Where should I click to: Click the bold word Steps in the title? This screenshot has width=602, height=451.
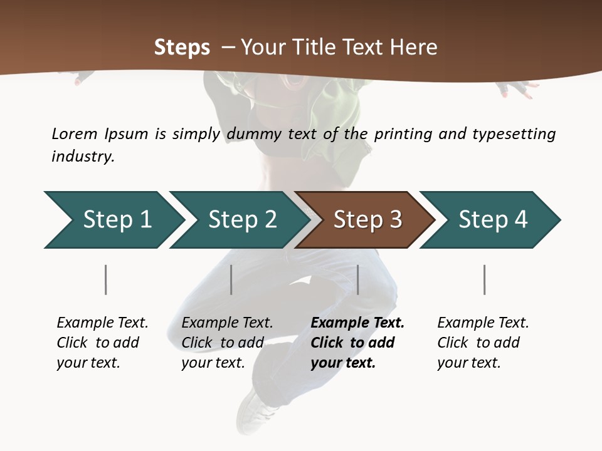182,48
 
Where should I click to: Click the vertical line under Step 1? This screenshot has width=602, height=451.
106,279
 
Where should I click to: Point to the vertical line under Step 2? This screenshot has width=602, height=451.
231,279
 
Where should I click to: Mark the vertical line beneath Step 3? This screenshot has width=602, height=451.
358,279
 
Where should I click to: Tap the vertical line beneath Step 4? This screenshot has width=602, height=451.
485,279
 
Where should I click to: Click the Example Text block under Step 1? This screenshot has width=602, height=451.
102,343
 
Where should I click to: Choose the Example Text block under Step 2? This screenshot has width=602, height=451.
227,343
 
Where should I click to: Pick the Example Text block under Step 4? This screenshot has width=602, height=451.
483,343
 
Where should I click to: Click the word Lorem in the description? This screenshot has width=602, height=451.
75,133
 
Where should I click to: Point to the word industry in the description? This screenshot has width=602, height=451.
83,157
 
